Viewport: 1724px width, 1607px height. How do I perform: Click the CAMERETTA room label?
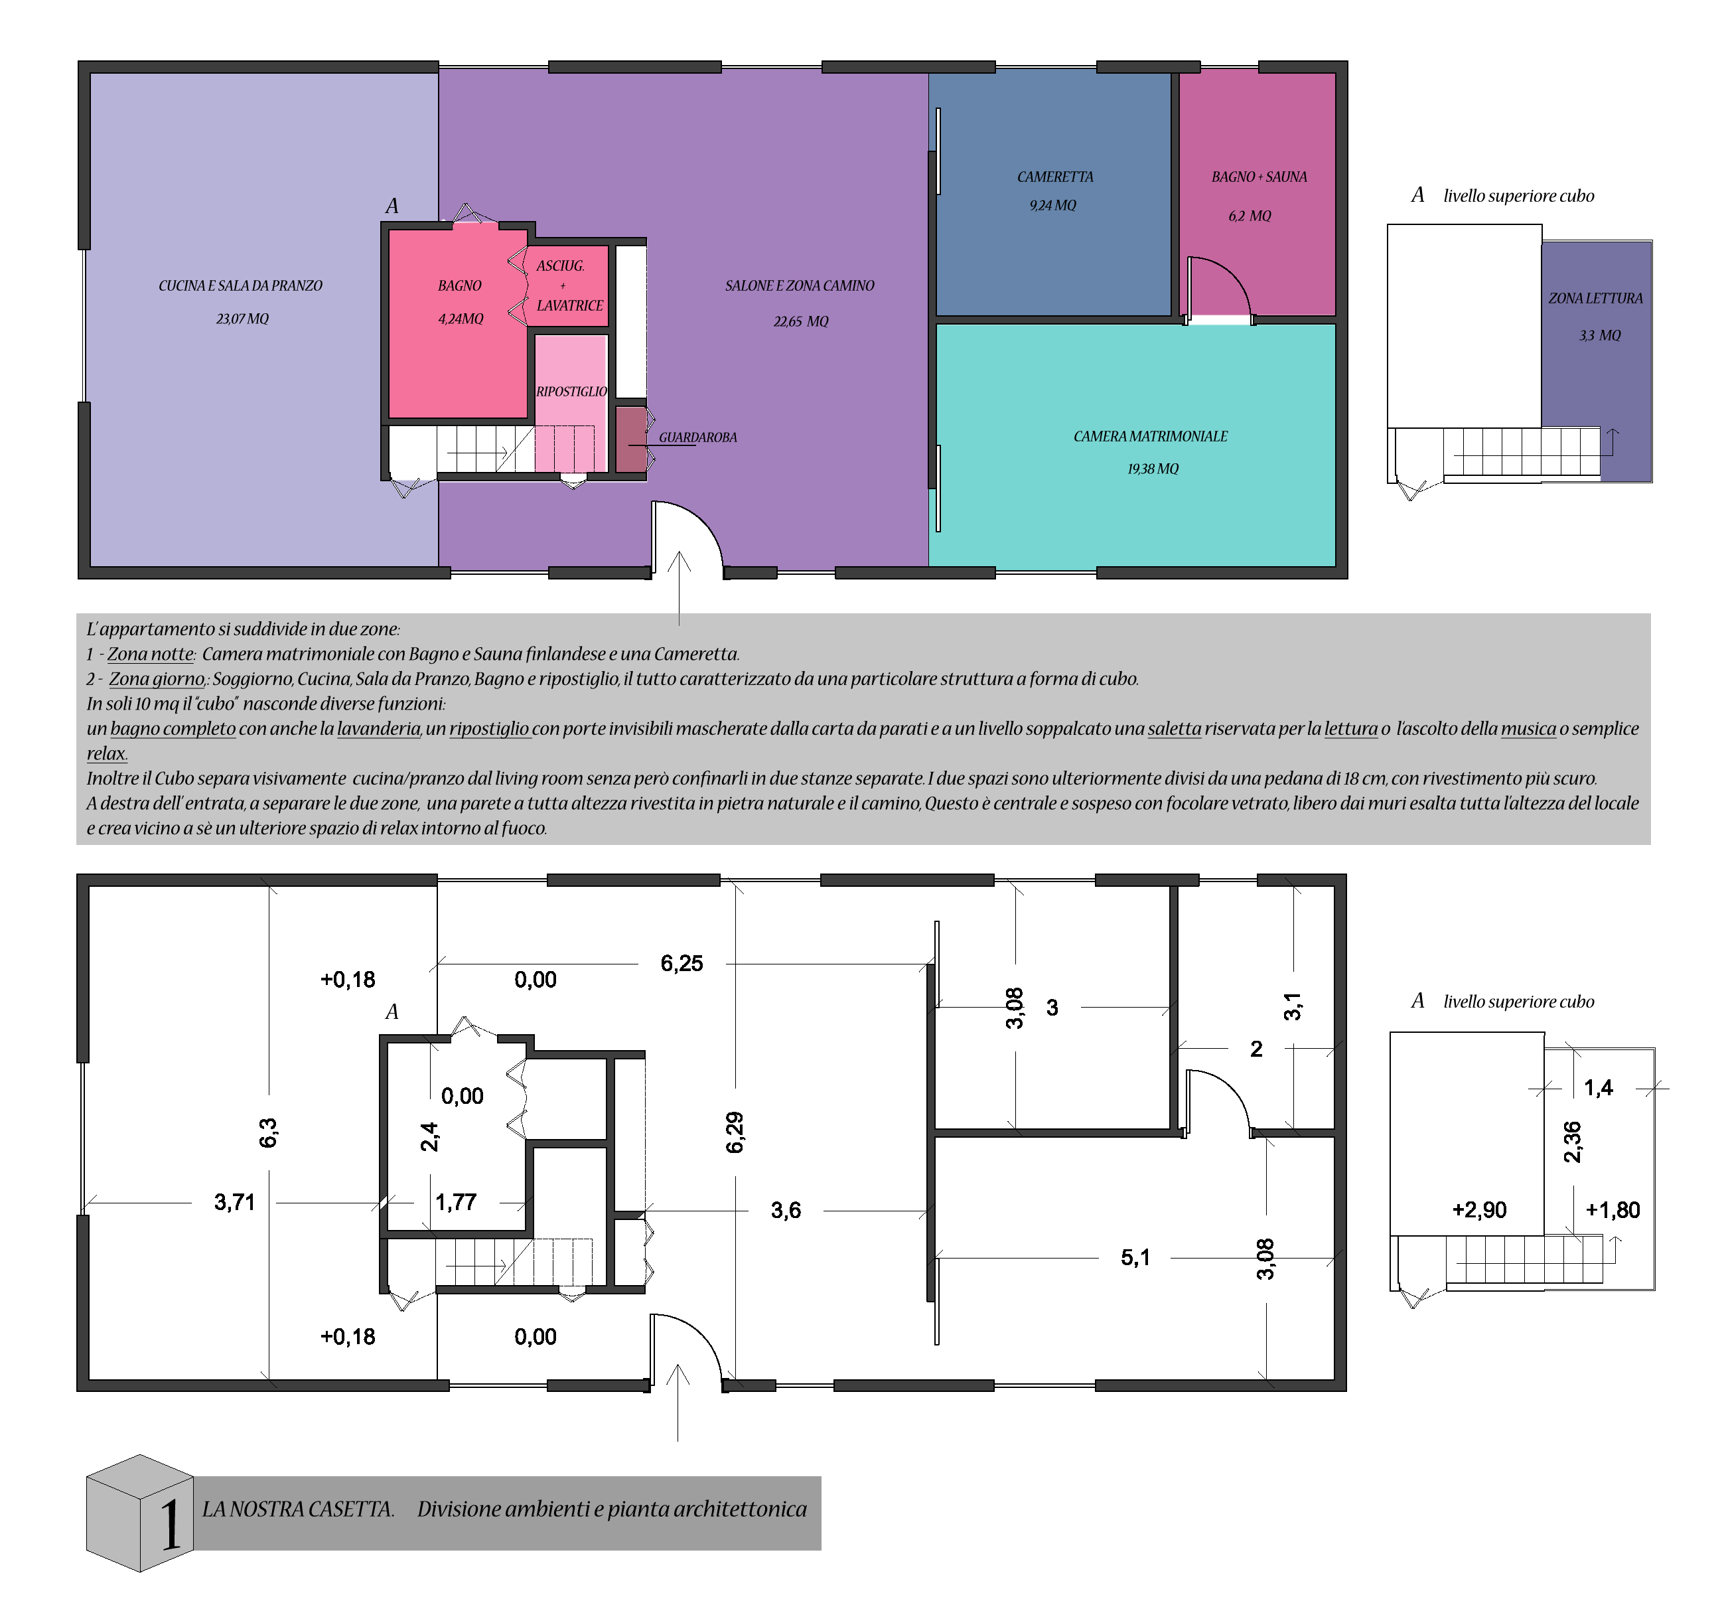pos(1054,177)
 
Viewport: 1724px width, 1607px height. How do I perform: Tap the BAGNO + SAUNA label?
pos(1259,177)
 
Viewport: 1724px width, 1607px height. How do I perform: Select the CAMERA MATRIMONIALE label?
pos(1151,436)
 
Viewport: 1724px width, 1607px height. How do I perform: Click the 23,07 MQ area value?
pos(243,319)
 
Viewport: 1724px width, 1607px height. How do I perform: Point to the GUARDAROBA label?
pos(698,437)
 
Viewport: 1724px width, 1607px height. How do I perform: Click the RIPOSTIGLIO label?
pos(571,391)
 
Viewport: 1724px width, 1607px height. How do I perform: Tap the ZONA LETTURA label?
pos(1596,298)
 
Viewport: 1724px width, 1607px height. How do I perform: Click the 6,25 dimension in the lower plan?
pos(682,964)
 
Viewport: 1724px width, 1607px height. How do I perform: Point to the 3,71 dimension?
pos(234,1202)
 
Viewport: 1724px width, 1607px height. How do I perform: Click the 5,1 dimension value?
pos(1135,1257)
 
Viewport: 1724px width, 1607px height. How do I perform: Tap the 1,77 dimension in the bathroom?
pos(456,1202)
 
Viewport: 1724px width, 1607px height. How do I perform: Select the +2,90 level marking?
pos(1479,1210)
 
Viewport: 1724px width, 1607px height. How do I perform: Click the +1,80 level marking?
pos(1613,1210)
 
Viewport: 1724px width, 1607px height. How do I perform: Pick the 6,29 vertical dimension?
pos(735,1132)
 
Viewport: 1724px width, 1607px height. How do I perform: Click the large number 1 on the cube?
pos(170,1525)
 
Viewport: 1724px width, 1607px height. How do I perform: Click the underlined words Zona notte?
pos(150,654)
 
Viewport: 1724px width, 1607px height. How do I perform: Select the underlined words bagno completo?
pos(173,728)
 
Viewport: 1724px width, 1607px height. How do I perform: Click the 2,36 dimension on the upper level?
pos(1572,1142)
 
